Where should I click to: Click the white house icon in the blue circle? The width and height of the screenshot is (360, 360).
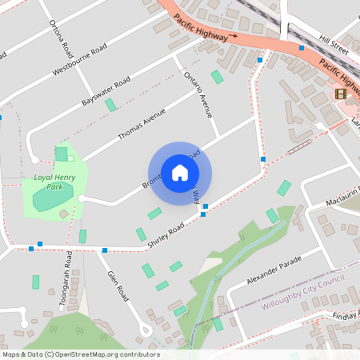pos(180,172)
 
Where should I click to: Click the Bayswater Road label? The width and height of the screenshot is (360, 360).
pos(106,94)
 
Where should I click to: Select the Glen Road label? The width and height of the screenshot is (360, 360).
pos(118,285)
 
